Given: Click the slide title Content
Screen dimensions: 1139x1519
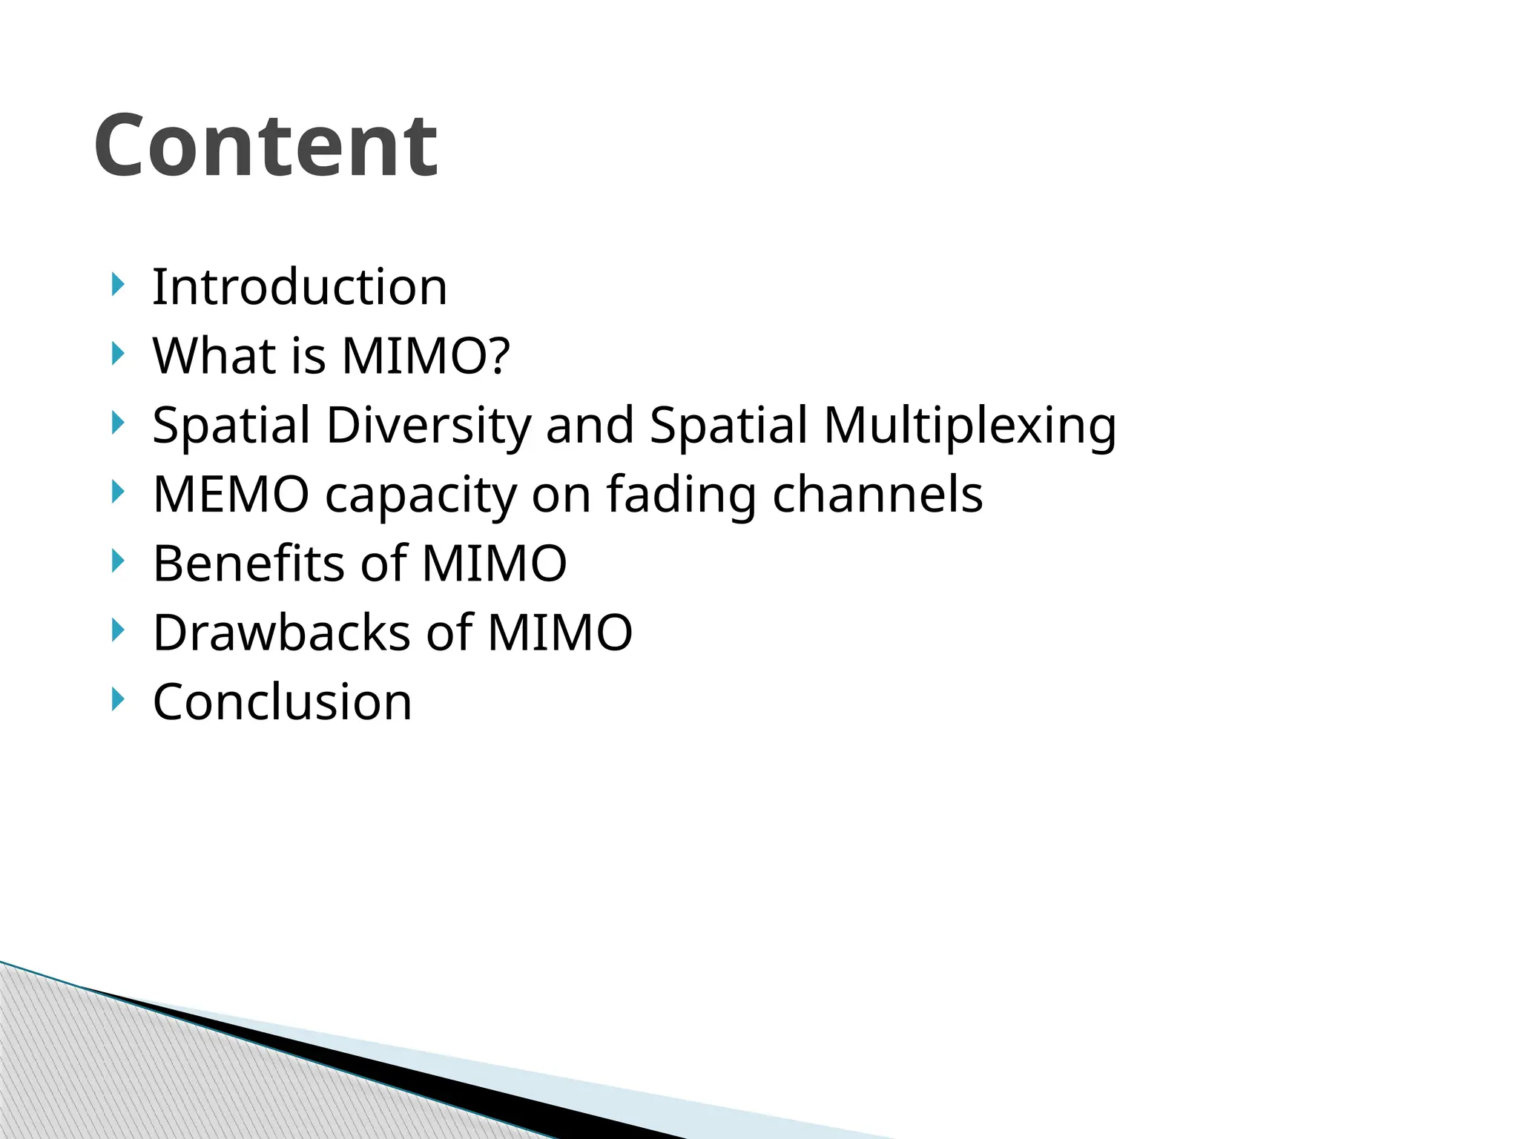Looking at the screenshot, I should [266, 146].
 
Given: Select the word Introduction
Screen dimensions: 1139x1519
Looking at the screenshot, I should [300, 287].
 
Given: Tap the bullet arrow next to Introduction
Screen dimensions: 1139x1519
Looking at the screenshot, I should [117, 284].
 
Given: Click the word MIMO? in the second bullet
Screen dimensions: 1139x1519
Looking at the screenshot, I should [426, 356].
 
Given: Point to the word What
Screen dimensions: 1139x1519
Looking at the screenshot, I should [214, 356].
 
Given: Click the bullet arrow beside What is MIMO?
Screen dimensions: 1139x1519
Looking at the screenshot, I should [117, 354].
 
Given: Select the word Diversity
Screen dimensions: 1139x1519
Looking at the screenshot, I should [429, 426].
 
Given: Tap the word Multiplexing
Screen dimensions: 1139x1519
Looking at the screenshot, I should [969, 426].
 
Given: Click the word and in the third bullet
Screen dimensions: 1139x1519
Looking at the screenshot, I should [590, 426].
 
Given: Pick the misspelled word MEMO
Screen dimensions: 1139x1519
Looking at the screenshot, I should [231, 495].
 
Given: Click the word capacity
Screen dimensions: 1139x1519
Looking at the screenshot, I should [421, 495].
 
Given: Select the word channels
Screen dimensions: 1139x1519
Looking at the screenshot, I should [877, 495].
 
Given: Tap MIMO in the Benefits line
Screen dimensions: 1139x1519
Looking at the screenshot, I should [494, 564].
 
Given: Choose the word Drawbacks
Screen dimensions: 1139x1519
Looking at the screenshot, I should [282, 633].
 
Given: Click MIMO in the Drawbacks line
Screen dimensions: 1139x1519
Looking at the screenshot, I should [559, 633].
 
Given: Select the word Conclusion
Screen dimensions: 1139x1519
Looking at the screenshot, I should [282, 702].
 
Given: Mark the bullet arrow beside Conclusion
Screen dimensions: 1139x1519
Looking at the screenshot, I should [117, 699].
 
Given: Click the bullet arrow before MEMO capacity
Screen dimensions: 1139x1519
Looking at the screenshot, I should [117, 492].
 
